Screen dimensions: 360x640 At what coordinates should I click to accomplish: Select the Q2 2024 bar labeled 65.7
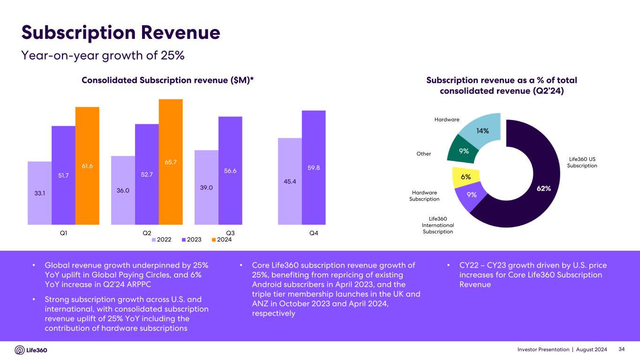(x=171, y=162)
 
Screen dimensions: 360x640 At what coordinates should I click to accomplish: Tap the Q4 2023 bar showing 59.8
(x=314, y=167)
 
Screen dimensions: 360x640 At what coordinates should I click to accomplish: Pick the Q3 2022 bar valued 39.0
(x=206, y=187)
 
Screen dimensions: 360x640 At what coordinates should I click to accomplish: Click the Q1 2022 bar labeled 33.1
(x=40, y=193)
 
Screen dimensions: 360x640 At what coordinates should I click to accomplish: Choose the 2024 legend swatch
(x=214, y=240)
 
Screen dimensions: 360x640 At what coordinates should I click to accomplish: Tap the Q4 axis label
(x=314, y=233)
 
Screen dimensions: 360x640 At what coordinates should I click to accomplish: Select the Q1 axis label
(x=63, y=233)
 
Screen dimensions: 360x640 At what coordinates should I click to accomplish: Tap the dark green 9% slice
(x=463, y=150)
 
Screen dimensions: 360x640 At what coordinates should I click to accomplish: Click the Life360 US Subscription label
(x=582, y=162)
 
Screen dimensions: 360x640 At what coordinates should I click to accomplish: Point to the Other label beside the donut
(x=423, y=154)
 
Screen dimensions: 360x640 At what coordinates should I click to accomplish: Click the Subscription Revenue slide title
(x=121, y=32)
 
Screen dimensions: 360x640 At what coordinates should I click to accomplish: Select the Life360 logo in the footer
(x=31, y=350)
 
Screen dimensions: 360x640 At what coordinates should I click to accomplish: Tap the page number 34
(x=622, y=350)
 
